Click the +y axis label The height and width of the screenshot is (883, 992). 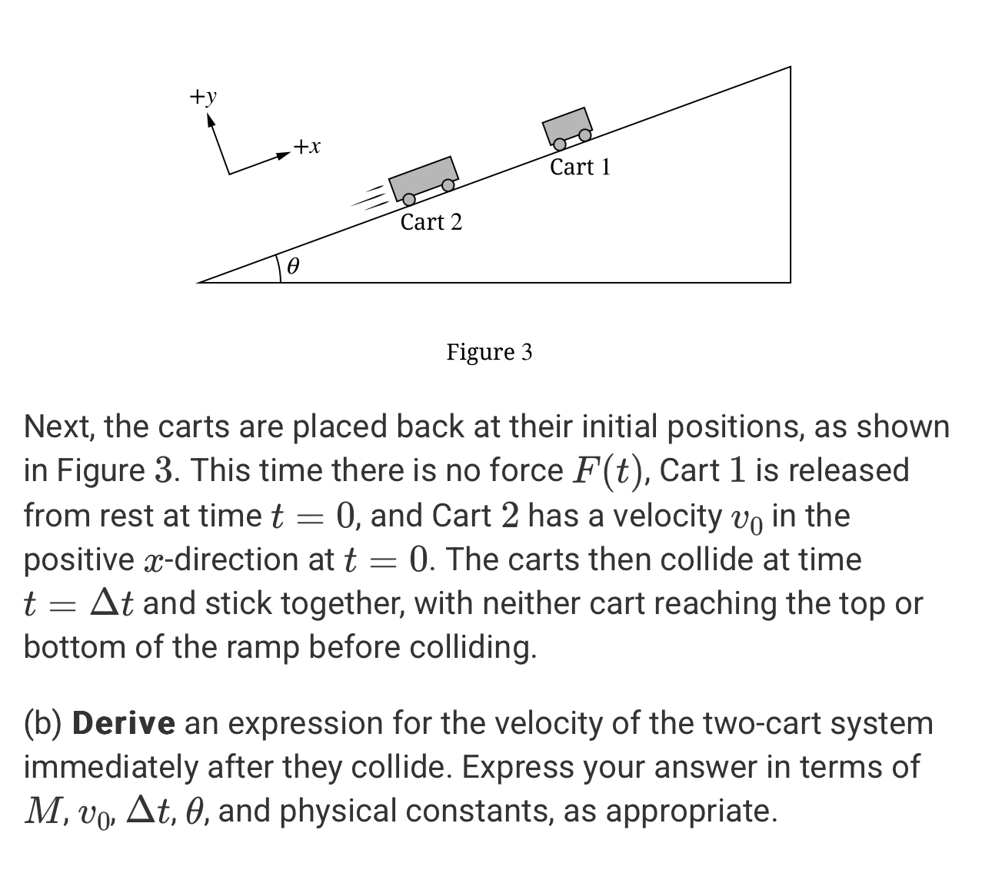pyautogui.click(x=204, y=97)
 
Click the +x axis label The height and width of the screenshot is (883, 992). pyautogui.click(x=307, y=146)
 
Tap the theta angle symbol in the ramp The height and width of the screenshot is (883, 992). pyautogui.click(x=292, y=267)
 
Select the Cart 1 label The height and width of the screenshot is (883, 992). pyautogui.click(x=580, y=167)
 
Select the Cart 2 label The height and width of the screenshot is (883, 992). pyautogui.click(x=431, y=222)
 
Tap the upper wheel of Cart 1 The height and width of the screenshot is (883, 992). pyautogui.click(x=584, y=135)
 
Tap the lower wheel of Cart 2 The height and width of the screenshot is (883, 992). pyautogui.click(x=409, y=200)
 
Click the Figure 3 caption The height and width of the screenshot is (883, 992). pyautogui.click(x=489, y=352)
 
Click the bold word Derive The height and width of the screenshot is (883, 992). pyautogui.click(x=123, y=724)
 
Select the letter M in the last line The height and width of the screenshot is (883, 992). pyautogui.click(x=41, y=812)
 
